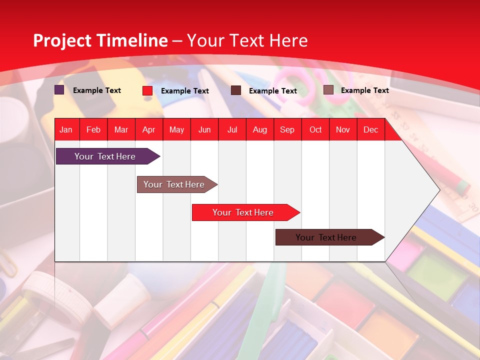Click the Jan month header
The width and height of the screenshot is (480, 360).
click(x=66, y=129)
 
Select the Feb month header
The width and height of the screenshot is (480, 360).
click(x=93, y=129)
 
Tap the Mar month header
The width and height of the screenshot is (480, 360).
click(x=121, y=129)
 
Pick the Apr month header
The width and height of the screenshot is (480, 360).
click(x=149, y=129)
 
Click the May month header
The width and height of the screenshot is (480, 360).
click(x=176, y=129)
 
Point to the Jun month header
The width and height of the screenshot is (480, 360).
click(x=204, y=129)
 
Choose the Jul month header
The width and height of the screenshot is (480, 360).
click(x=232, y=129)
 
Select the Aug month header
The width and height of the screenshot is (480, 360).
click(x=260, y=129)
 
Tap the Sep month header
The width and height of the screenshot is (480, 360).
click(x=287, y=129)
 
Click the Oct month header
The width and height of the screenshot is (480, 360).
click(x=315, y=129)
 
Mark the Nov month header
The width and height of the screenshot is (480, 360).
click(x=343, y=129)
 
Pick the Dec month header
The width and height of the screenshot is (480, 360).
click(x=371, y=129)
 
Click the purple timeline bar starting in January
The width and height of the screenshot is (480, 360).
click(x=105, y=156)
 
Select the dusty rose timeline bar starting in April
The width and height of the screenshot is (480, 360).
click(x=174, y=184)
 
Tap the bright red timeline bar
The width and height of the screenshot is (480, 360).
click(x=243, y=212)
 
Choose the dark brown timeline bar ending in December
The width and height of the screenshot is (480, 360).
click(x=326, y=237)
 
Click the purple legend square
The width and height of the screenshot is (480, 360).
click(x=59, y=90)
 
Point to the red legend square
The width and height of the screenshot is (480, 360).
click(x=147, y=90)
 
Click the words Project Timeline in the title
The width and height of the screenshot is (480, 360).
click(x=100, y=40)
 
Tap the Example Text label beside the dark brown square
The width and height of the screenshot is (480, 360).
click(x=273, y=91)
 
